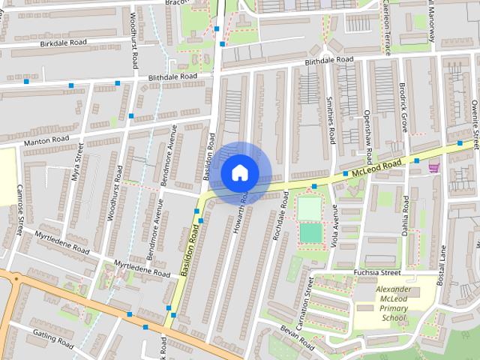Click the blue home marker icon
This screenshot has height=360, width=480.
tap(239, 172)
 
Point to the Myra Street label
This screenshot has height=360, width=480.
tap(76, 166)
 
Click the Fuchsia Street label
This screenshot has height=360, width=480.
tap(378, 272)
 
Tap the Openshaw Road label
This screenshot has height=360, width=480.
tap(367, 133)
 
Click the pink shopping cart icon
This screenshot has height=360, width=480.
tap(433, 169)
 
